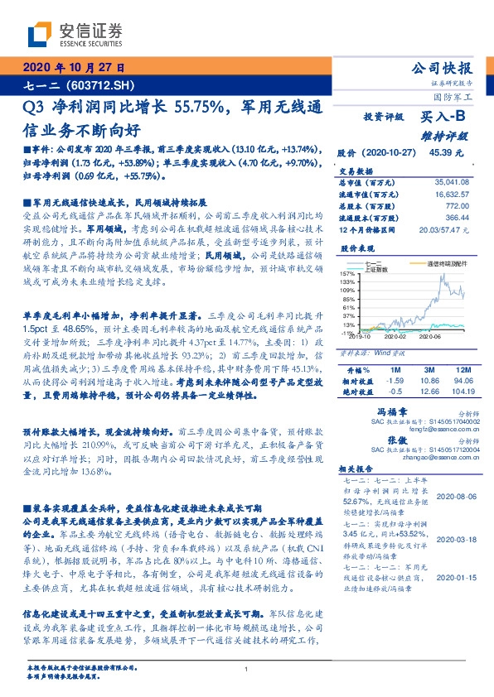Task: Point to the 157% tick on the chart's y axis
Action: coord(346,273)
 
